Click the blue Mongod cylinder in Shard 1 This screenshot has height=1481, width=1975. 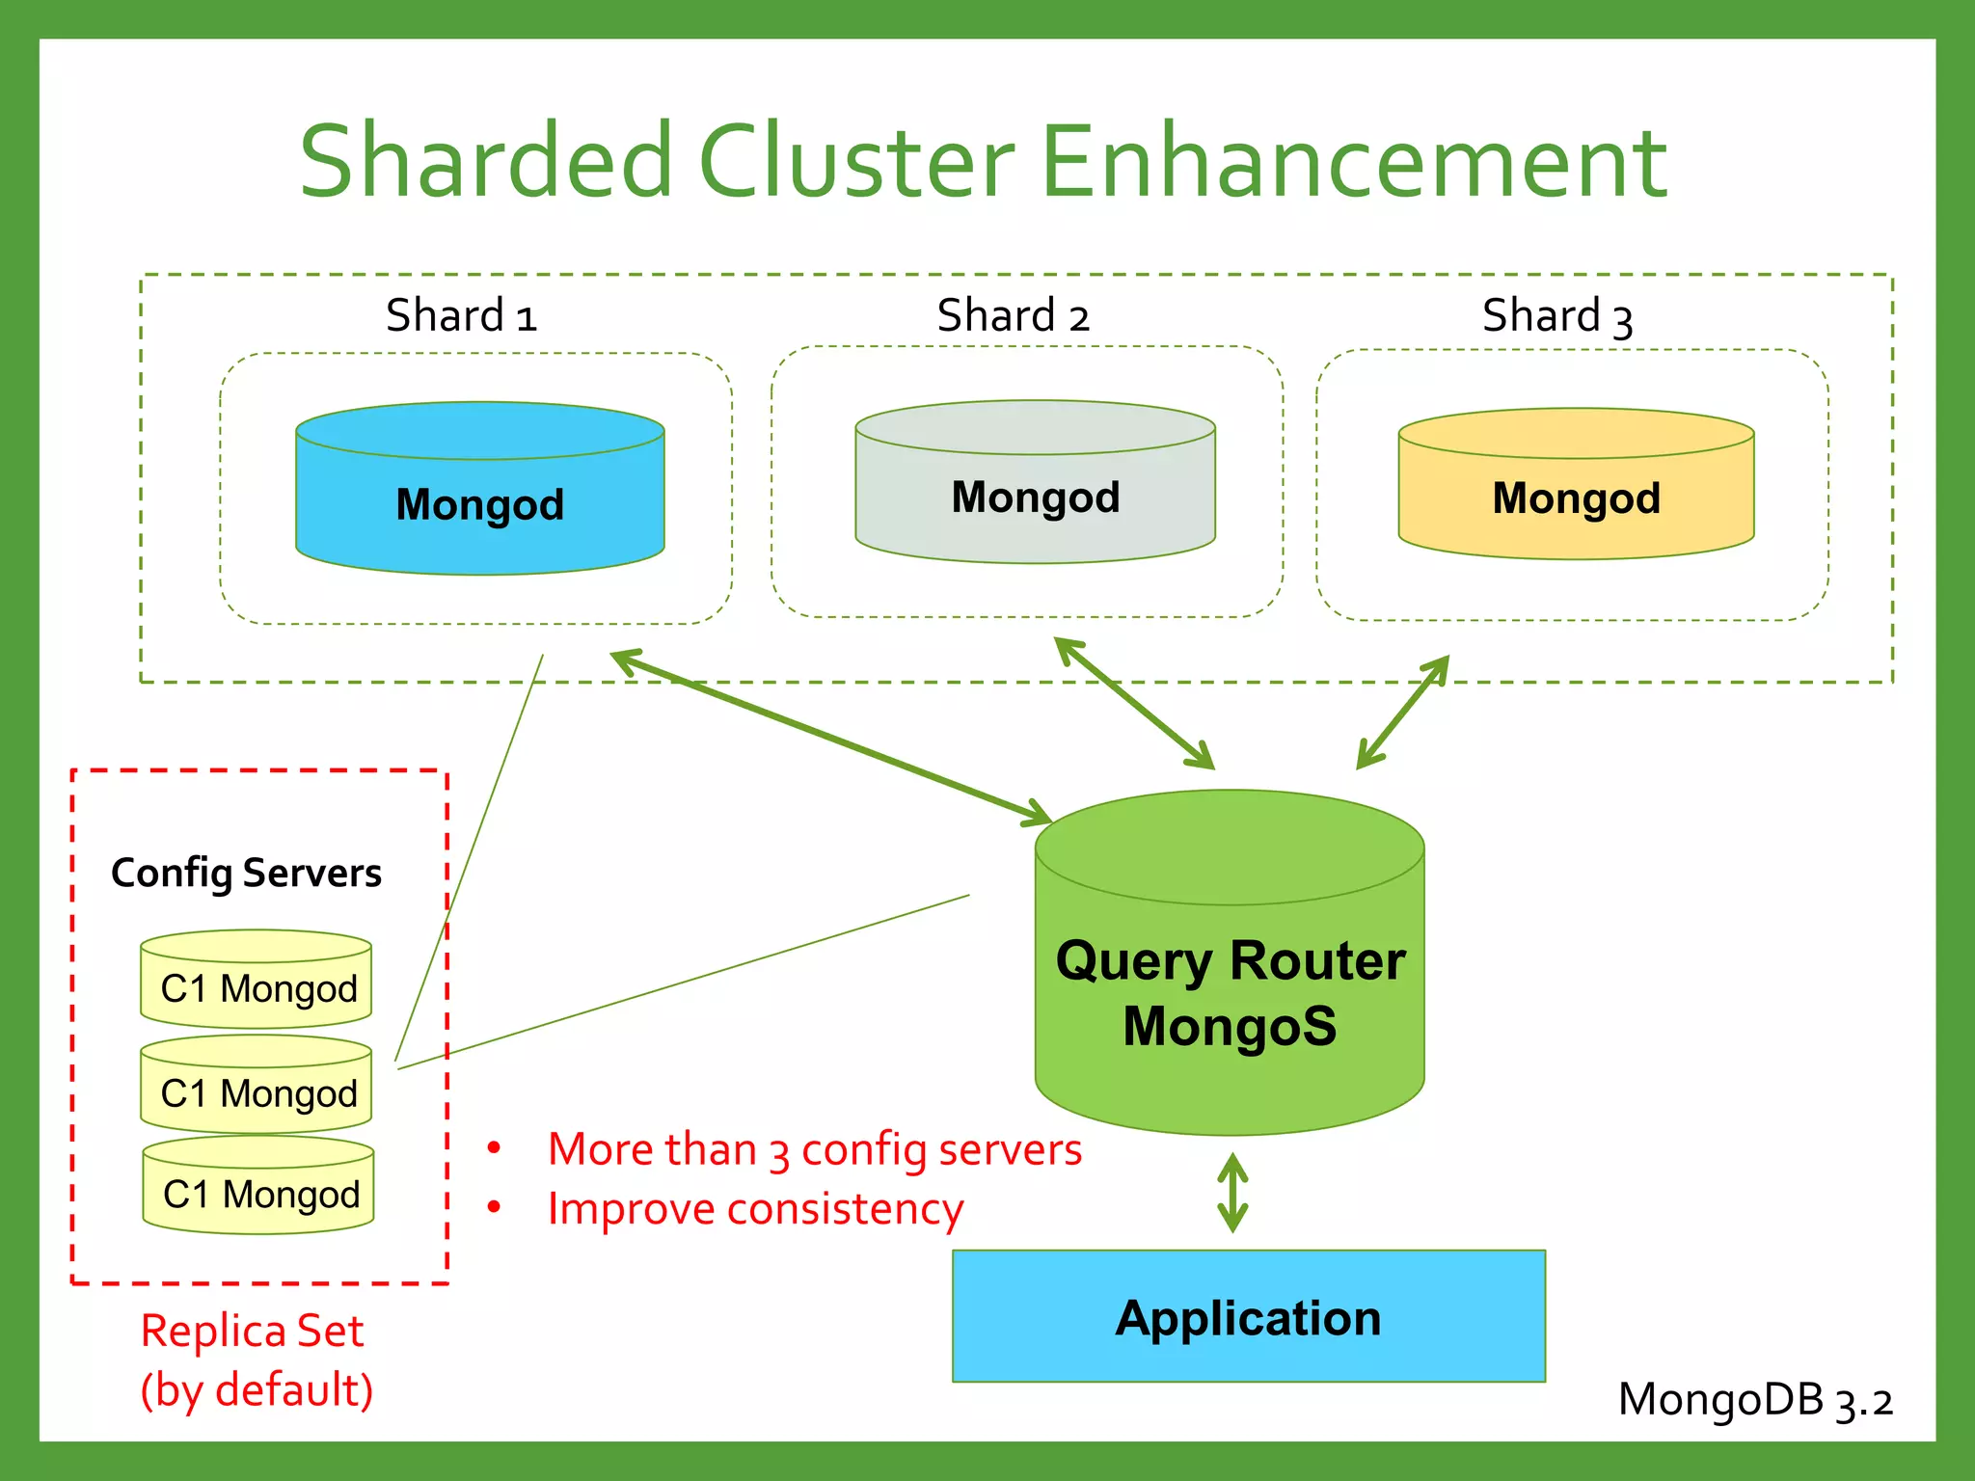[479, 492]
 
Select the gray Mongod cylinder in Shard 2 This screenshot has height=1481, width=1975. [1035, 485]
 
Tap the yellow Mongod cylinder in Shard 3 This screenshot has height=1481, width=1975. [1576, 487]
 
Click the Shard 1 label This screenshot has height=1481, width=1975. [461, 316]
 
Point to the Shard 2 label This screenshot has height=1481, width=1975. [1013, 316]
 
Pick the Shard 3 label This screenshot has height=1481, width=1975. [1556, 316]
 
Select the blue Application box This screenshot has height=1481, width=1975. [1248, 1316]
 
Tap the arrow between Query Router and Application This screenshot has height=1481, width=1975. [1232, 1193]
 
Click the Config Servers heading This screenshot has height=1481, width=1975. [246, 874]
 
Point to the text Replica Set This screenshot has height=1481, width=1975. [252, 1332]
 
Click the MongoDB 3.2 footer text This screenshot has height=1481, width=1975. [1755, 1400]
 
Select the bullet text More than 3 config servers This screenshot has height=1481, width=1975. [814, 1149]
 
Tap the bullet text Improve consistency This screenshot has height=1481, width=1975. [755, 1209]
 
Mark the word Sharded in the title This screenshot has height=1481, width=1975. [485, 162]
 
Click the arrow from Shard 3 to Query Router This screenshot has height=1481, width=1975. [1403, 712]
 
